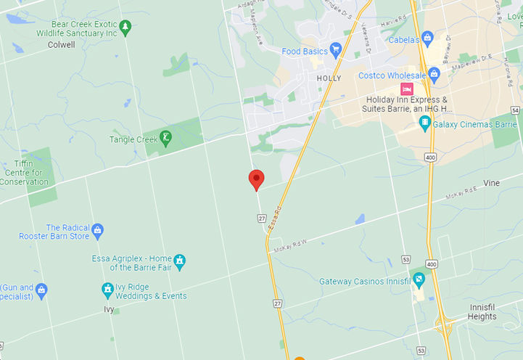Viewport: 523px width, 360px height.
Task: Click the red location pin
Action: coord(256,179)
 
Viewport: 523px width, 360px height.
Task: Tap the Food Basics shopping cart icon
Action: coord(335,50)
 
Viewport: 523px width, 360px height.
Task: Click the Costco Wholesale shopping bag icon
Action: coord(434,73)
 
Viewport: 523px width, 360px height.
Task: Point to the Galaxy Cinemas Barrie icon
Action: coord(425,123)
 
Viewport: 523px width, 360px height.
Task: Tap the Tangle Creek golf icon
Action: coord(166,138)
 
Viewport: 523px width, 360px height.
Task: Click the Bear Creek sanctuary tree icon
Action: coord(125,27)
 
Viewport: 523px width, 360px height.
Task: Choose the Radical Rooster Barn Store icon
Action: coord(98,232)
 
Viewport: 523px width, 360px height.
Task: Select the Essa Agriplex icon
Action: coord(180,261)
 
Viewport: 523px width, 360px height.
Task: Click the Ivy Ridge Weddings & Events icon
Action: coord(107,290)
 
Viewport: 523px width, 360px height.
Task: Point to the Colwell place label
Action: coord(61,44)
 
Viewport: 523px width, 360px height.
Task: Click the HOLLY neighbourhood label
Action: coord(329,78)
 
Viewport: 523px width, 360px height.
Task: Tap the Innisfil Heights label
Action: coord(482,312)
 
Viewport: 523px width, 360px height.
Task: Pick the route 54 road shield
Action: coord(515,110)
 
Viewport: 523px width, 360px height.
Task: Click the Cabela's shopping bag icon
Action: coord(427,37)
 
